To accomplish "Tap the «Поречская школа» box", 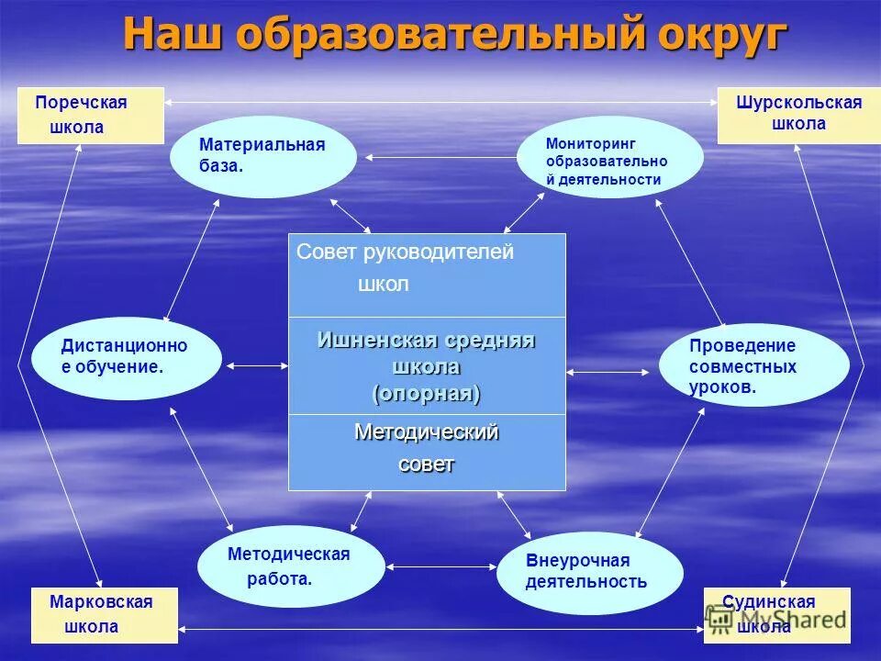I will point(90,116).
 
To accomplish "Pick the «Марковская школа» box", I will point(104,615).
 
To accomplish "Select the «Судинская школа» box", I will point(776,615).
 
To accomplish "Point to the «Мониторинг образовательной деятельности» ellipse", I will point(609,157).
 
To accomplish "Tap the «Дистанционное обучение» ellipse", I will point(126,357).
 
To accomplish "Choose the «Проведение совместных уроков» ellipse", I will point(753,365).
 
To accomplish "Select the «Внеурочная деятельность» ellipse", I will point(589,572).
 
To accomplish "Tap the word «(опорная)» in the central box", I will point(427,394).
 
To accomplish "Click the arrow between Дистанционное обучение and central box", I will point(256,366).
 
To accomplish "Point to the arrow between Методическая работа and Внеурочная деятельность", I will point(441,566).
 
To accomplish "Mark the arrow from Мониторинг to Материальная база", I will point(436,158).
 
